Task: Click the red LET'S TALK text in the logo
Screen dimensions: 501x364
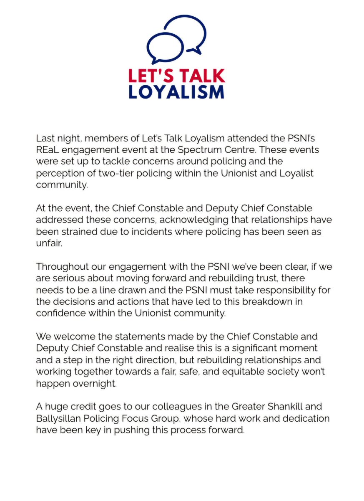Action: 176,76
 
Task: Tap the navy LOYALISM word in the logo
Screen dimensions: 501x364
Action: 176,91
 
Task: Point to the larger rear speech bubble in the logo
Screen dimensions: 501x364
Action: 188,33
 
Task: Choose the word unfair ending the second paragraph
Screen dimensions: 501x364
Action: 49,244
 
